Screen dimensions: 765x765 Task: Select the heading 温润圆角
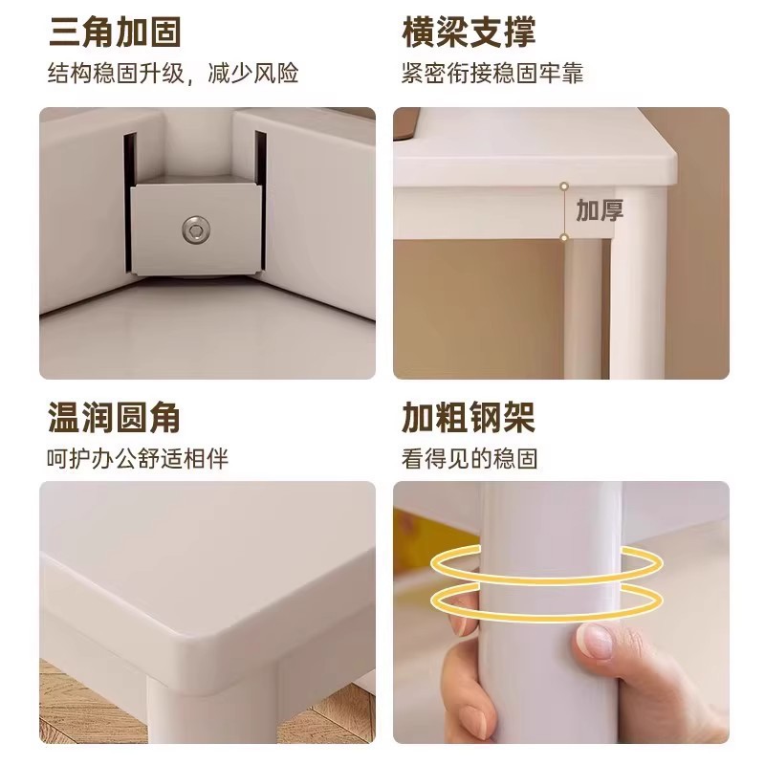[x=115, y=417]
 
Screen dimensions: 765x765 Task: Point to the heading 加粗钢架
[x=469, y=417]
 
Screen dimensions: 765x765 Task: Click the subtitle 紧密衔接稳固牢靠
[x=492, y=73]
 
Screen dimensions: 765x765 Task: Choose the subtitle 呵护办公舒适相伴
[x=139, y=459]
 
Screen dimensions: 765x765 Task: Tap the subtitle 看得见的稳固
[x=470, y=459]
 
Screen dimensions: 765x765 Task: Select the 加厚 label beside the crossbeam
[x=600, y=210]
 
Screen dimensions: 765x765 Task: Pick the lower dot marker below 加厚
[x=564, y=237]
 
